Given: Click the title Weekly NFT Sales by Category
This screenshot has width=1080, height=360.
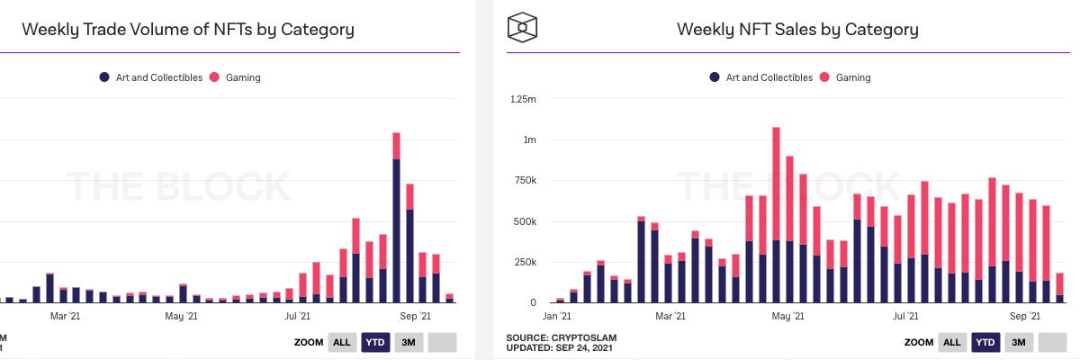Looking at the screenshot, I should [x=797, y=30].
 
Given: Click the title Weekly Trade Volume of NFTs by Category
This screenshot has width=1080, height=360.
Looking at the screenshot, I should [x=188, y=30].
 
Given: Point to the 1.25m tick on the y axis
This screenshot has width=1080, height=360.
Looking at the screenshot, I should [x=523, y=100].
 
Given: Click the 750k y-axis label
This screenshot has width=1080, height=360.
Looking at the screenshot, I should [x=524, y=181].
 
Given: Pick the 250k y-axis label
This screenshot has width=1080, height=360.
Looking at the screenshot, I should [x=524, y=263].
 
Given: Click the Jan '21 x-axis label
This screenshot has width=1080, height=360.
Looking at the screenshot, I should [x=557, y=317].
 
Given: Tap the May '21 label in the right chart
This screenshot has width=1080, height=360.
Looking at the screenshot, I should [x=787, y=317].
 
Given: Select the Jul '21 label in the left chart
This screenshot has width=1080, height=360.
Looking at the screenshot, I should [x=298, y=317].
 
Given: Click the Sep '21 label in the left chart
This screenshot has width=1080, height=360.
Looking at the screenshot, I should [x=415, y=317].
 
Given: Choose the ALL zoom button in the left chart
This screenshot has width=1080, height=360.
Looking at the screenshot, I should [x=342, y=342].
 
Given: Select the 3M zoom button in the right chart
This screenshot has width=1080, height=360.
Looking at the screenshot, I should [x=1017, y=342].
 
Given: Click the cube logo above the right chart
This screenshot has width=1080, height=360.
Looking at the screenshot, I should [x=522, y=27].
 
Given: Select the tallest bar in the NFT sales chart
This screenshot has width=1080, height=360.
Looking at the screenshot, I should [x=776, y=216].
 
